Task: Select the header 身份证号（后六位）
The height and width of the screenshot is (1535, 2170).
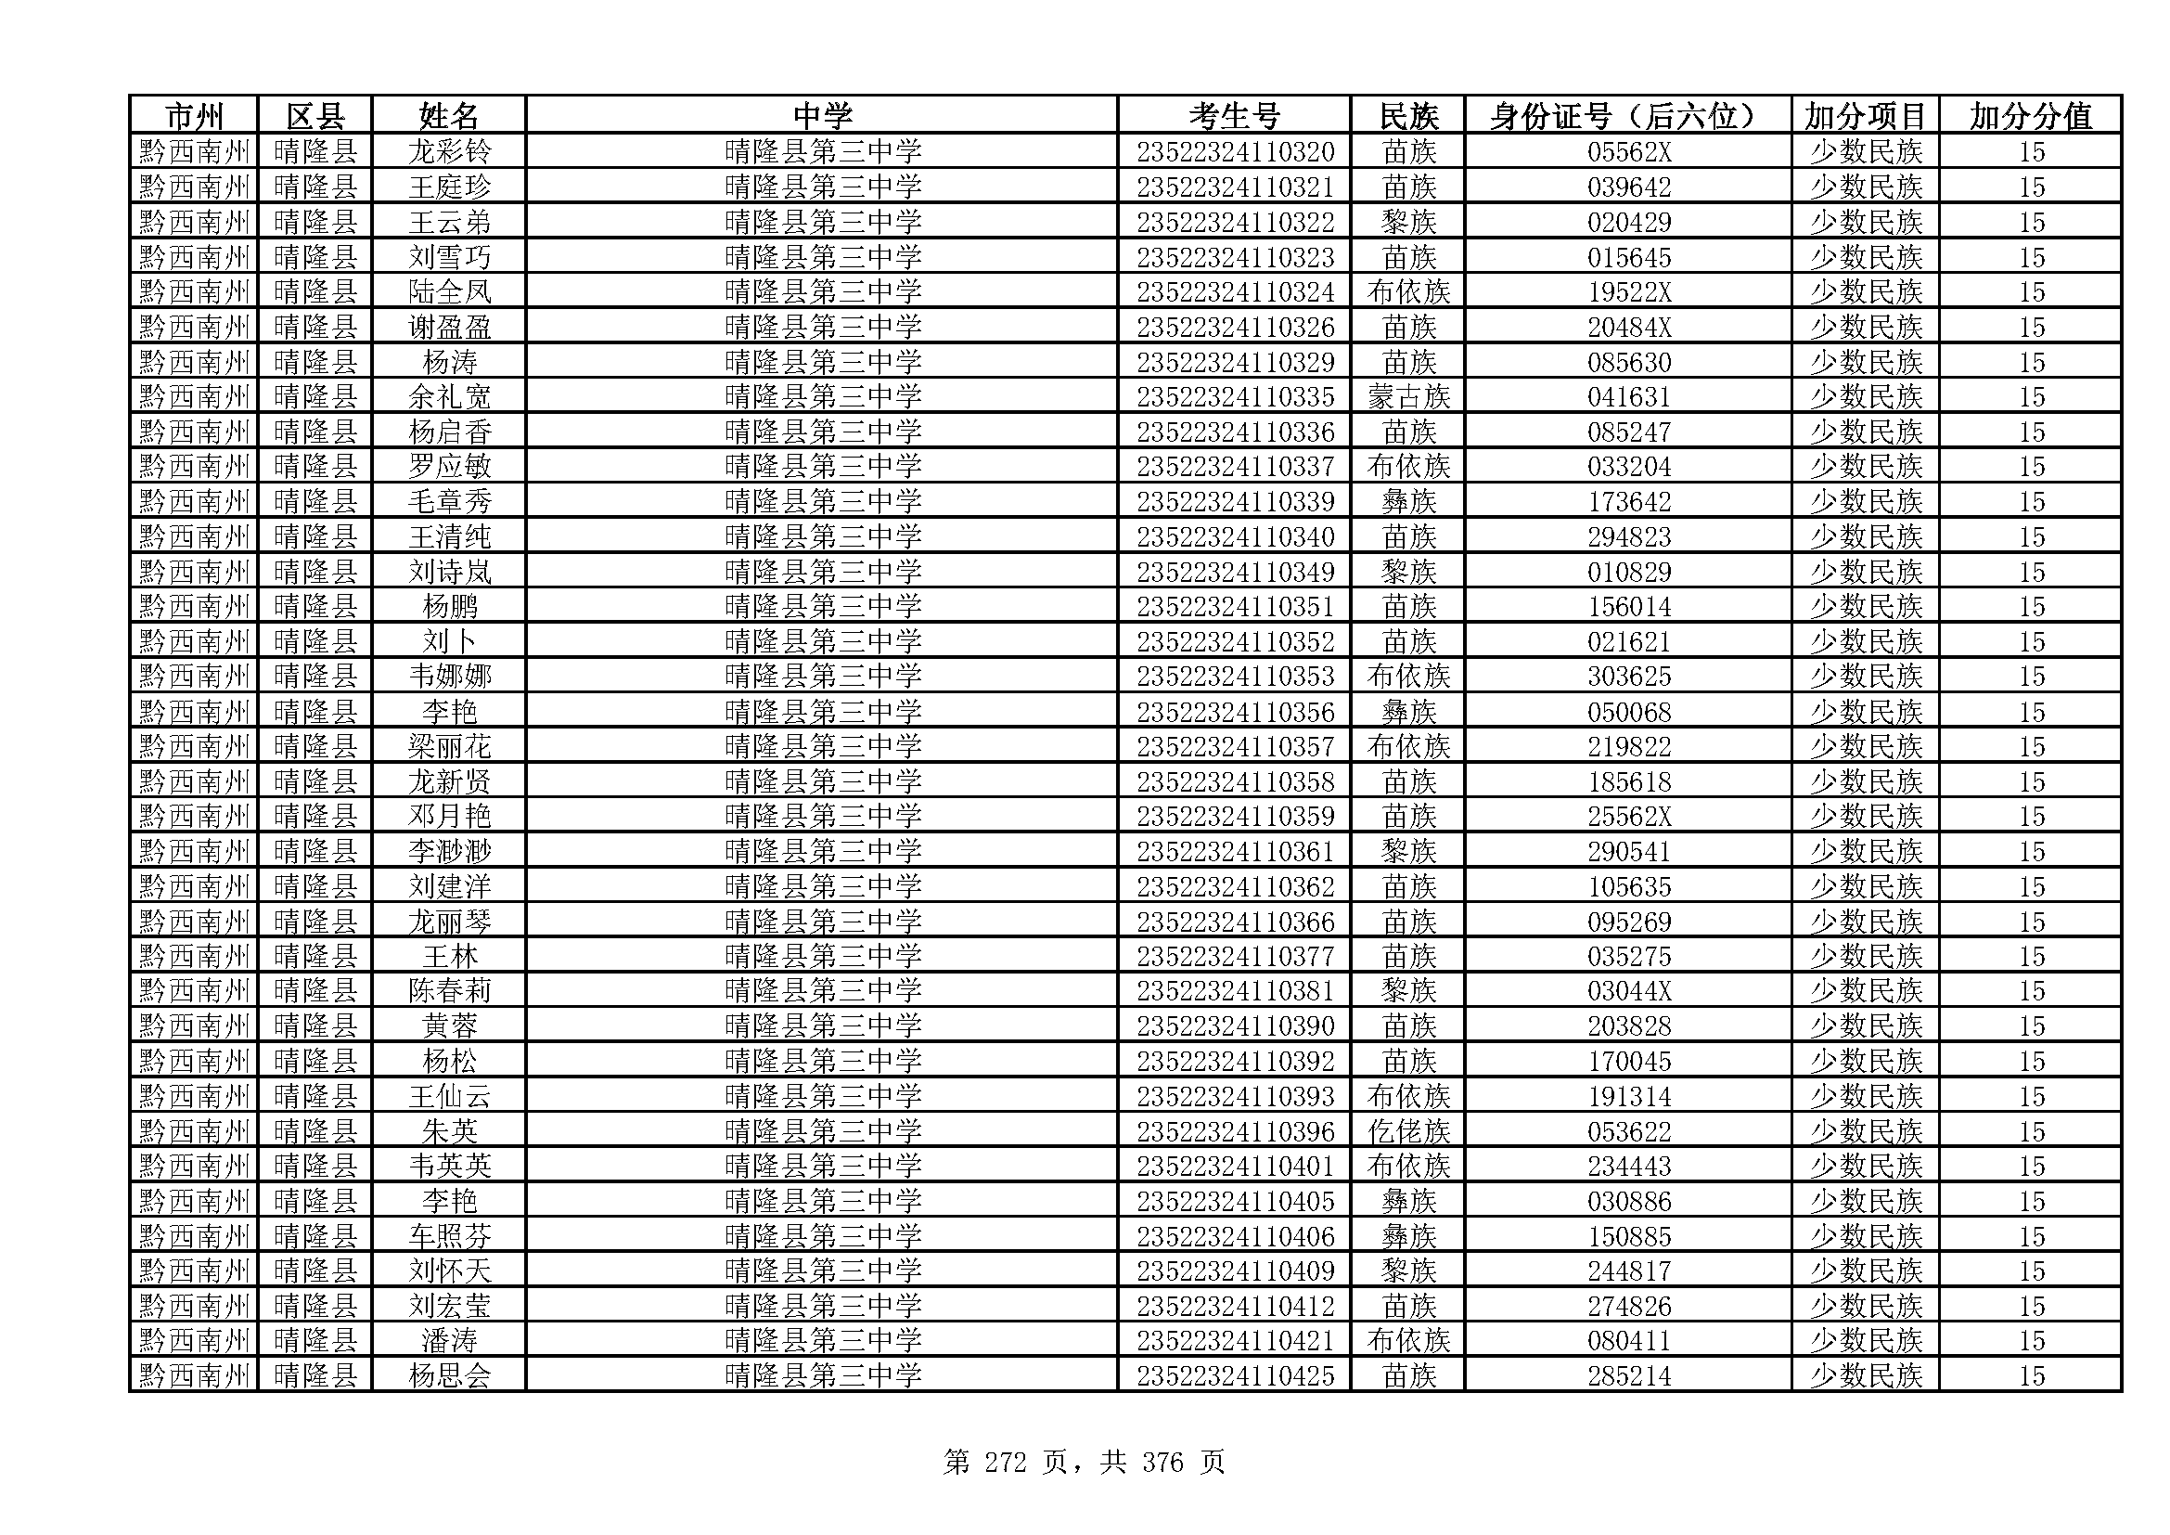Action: [1626, 116]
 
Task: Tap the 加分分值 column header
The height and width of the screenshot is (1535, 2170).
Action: [2030, 116]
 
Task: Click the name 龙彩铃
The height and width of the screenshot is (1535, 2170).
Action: [449, 152]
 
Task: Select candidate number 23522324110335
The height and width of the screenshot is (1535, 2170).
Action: [1234, 397]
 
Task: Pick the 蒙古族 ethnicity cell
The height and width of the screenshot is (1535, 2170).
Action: [1407, 397]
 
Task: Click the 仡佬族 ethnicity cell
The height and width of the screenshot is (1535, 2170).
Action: [1407, 1131]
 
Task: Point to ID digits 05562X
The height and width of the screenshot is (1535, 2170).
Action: [1628, 152]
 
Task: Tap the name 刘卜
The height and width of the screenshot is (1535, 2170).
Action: [449, 642]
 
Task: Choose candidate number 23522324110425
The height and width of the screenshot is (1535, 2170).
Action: [1234, 1376]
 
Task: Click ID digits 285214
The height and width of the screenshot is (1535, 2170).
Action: [1628, 1376]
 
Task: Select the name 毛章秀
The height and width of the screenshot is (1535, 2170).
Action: [449, 502]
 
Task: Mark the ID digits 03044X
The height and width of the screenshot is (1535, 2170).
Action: [1628, 991]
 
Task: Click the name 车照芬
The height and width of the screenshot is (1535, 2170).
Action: [449, 1236]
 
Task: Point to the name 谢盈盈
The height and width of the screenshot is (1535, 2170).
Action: [449, 327]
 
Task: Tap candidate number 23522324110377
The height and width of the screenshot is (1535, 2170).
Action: [1234, 957]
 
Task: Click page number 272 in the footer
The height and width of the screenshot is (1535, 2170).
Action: [1005, 1464]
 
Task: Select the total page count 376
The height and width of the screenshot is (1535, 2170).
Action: [1162, 1464]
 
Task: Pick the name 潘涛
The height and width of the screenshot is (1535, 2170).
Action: [449, 1341]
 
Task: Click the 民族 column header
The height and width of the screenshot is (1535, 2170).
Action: [1407, 116]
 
